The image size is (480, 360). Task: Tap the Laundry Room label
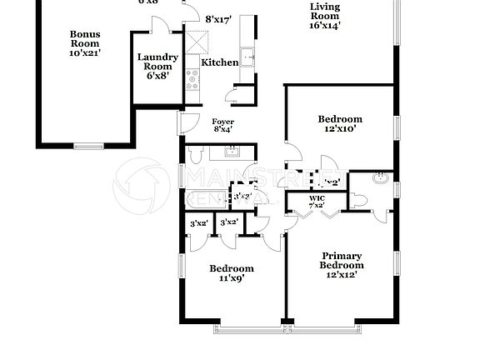click(157, 61)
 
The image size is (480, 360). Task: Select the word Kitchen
click(220, 62)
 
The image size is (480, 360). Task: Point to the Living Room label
click(325, 10)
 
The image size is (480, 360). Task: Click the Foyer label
click(222, 121)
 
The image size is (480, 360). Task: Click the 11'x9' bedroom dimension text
click(231, 279)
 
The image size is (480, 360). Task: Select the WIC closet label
click(317, 198)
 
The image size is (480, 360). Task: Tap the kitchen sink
click(247, 57)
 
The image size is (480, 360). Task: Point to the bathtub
click(208, 201)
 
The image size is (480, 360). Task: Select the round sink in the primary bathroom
click(381, 178)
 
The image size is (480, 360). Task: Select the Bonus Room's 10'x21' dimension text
click(84, 52)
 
